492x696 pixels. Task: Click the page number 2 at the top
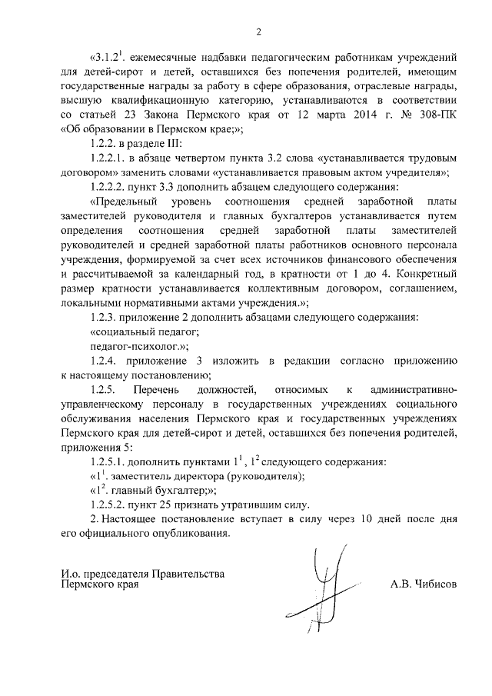pyautogui.click(x=258, y=31)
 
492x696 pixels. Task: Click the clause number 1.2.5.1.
pyautogui.click(x=111, y=462)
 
